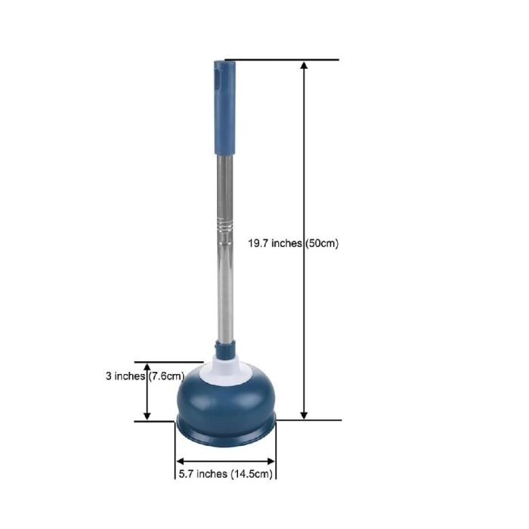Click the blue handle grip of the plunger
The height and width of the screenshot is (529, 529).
(225, 107)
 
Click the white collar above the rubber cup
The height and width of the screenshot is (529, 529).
(225, 370)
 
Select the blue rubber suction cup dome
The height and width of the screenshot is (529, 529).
(226, 398)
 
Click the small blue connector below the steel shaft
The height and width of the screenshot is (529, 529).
(225, 348)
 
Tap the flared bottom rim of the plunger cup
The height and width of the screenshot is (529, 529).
(225, 434)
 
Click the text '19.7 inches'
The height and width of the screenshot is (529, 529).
(275, 243)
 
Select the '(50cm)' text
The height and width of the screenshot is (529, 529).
(321, 243)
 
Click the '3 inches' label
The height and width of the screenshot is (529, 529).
(125, 376)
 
